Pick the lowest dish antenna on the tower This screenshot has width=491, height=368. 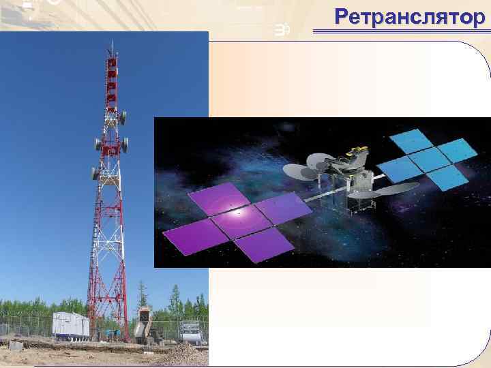95,173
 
